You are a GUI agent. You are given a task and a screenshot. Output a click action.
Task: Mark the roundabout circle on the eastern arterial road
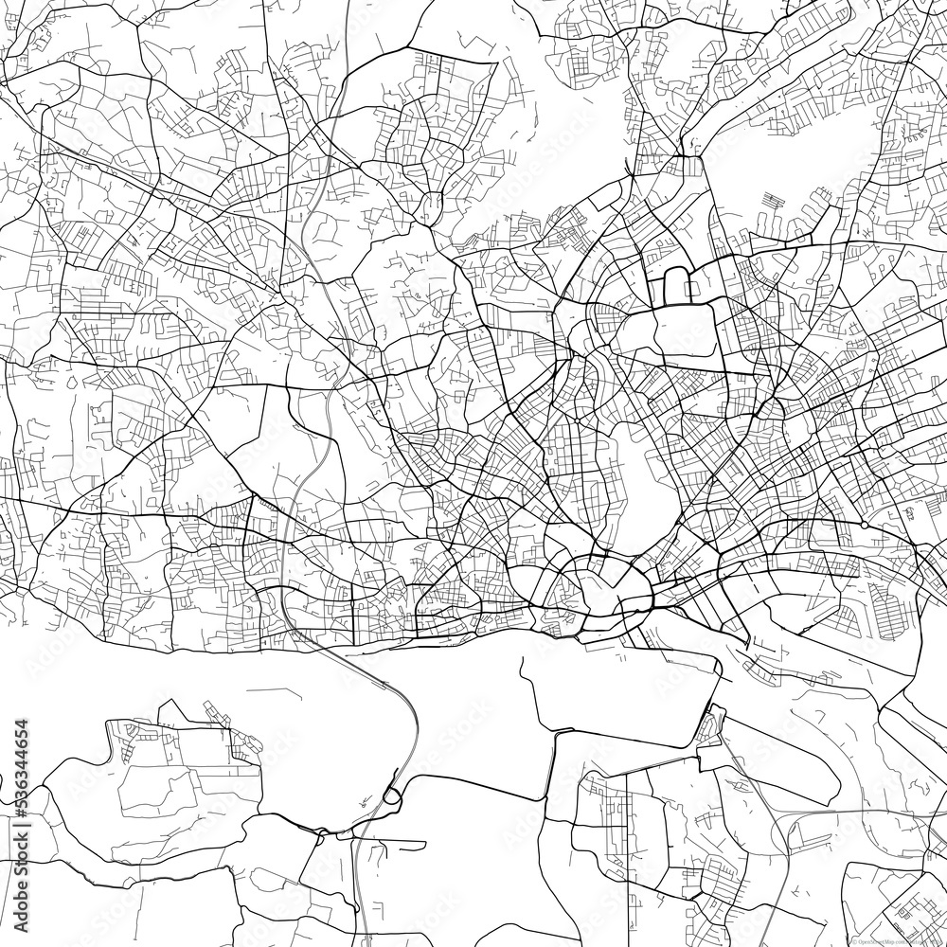(x=866, y=524)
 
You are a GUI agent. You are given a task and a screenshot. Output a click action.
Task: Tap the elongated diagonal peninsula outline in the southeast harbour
(x=786, y=758)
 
